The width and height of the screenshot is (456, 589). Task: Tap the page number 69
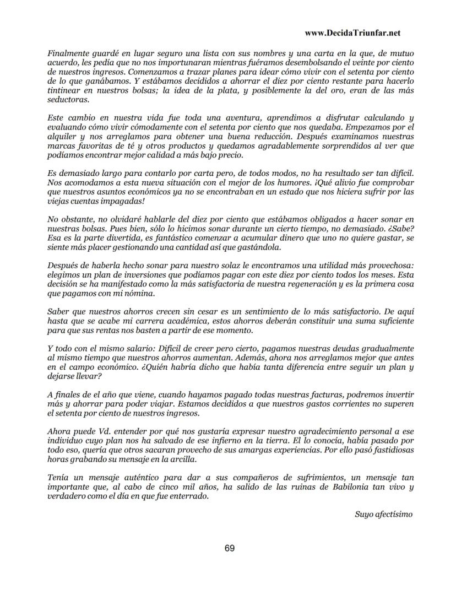point(230,548)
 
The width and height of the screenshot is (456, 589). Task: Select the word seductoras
point(68,100)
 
